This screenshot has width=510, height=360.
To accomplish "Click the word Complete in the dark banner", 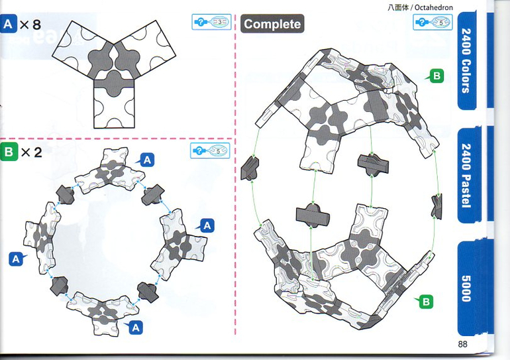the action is pyautogui.click(x=272, y=24).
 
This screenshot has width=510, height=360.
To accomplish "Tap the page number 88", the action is pyautogui.click(x=462, y=344).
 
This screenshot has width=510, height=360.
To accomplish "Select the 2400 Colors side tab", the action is pyautogui.click(x=466, y=60).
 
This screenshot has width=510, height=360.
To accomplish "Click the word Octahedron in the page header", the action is pyautogui.click(x=434, y=7).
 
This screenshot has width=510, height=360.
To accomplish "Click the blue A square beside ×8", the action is pyautogui.click(x=8, y=24).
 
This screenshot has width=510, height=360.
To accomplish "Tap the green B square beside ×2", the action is pyautogui.click(x=9, y=152).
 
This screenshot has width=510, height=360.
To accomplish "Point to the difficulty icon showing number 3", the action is pyautogui.click(x=211, y=22).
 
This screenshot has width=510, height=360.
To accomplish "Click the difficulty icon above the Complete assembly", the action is pyautogui.click(x=433, y=23).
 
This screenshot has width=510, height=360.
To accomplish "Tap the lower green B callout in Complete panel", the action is pyautogui.click(x=425, y=302).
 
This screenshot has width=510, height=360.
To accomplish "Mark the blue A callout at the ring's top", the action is pyautogui.click(x=146, y=160).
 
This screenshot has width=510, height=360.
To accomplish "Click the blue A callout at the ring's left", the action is pyautogui.click(x=17, y=259).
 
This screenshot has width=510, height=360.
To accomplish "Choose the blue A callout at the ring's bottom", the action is pyautogui.click(x=134, y=328).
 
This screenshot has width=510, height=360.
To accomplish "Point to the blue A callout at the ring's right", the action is pyautogui.click(x=206, y=225).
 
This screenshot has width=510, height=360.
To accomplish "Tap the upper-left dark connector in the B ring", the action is pyautogui.click(x=66, y=195).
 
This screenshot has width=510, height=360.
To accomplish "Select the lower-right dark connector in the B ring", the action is pyautogui.click(x=148, y=292).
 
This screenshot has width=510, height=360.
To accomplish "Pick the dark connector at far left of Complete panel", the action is pyautogui.click(x=250, y=168).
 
